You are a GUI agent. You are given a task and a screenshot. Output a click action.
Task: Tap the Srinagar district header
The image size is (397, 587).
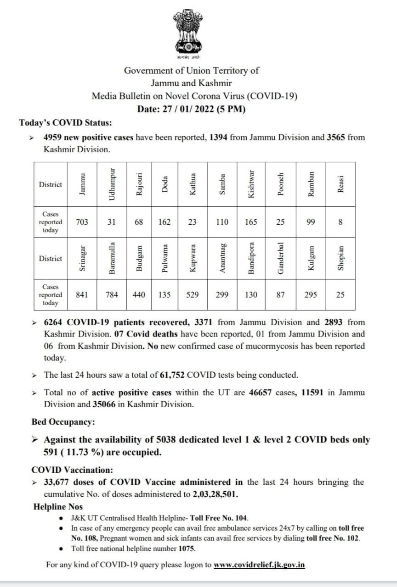click(x=82, y=259)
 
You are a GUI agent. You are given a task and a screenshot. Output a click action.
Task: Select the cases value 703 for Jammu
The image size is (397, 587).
click(x=82, y=222)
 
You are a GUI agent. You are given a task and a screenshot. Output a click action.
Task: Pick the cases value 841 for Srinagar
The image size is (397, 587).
click(x=82, y=295)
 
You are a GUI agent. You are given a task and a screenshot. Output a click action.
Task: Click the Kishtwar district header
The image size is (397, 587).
click(x=251, y=184)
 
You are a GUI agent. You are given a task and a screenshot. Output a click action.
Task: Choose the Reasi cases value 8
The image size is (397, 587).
click(x=340, y=222)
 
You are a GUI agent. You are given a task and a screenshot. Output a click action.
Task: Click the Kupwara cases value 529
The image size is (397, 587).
click(x=193, y=295)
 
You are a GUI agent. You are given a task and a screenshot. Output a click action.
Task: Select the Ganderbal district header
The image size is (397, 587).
click(x=281, y=259)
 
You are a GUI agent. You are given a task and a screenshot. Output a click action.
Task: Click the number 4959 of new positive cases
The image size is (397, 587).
click(x=53, y=137)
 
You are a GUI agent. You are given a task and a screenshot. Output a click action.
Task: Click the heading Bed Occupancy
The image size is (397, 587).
click(x=63, y=421)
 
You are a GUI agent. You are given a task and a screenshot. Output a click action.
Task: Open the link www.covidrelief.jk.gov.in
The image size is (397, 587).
click(x=259, y=565)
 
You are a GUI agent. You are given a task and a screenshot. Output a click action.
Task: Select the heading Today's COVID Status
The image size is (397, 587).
click(x=65, y=122)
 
